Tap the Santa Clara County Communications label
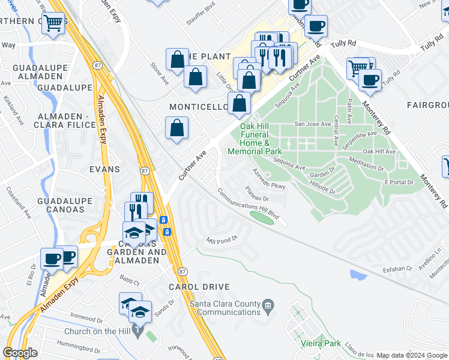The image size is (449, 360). pos(224,307)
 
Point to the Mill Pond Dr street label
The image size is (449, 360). pos(222,238)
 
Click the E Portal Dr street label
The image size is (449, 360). pos(399,182)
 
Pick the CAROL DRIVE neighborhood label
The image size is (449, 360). pos(191,287)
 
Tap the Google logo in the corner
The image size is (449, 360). pos(20,353)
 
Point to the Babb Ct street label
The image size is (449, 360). pos(129,280)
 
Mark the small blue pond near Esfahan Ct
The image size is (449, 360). pos(358,275)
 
